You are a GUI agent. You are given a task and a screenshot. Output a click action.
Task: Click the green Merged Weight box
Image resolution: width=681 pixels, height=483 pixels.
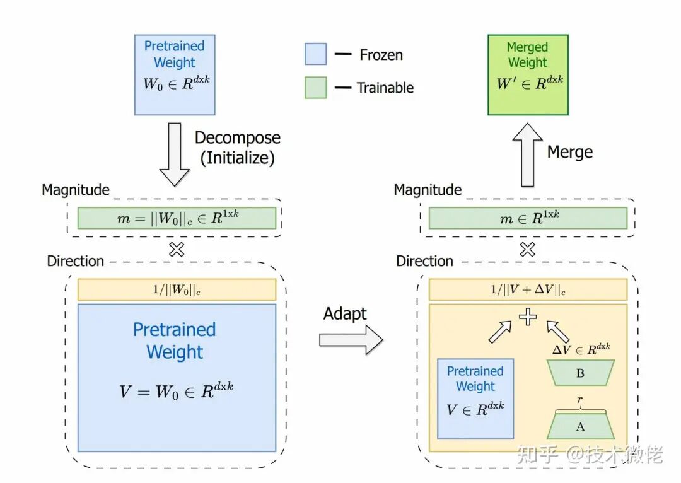click(528, 75)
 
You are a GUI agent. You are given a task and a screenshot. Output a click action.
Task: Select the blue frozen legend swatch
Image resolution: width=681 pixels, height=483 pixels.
click(315, 54)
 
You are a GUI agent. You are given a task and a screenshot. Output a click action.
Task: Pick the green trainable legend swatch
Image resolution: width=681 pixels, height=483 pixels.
click(315, 87)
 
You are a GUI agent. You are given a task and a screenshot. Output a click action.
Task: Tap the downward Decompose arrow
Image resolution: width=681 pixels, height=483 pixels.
click(175, 154)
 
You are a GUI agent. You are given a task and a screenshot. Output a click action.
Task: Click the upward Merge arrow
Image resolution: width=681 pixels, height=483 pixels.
click(527, 154)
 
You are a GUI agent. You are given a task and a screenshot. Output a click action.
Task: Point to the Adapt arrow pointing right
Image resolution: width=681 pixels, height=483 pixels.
click(351, 340)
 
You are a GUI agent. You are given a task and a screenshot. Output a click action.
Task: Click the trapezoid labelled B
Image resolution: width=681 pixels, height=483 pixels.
click(580, 373)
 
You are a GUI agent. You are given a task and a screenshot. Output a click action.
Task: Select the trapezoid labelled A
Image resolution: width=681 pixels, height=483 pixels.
click(580, 426)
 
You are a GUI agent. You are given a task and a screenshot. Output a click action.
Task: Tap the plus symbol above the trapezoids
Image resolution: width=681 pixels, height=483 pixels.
click(528, 317)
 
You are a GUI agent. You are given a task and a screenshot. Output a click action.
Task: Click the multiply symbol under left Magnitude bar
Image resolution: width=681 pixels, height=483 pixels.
click(177, 249)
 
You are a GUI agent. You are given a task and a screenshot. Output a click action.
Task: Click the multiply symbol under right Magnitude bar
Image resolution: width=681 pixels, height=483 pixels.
click(527, 249)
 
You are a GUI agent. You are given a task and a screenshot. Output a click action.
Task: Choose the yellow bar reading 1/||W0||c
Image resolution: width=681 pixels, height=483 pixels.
click(177, 289)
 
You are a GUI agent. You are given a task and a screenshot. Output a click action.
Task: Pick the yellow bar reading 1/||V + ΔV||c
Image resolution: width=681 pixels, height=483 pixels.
click(528, 289)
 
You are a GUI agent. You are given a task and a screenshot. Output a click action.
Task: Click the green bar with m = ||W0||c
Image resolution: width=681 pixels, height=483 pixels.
click(177, 218)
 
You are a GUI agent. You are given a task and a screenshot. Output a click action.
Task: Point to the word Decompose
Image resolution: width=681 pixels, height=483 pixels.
click(238, 138)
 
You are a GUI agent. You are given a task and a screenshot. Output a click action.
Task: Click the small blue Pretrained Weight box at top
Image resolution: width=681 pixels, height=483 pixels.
click(175, 75)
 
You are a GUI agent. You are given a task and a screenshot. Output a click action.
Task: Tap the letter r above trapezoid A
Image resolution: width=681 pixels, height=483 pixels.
click(580, 399)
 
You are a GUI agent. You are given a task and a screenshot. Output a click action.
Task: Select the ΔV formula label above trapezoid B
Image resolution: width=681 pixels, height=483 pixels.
click(581, 349)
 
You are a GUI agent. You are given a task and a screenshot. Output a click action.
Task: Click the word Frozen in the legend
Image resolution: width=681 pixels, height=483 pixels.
click(381, 55)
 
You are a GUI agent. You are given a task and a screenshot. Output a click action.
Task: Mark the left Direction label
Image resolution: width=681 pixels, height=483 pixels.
click(76, 261)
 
